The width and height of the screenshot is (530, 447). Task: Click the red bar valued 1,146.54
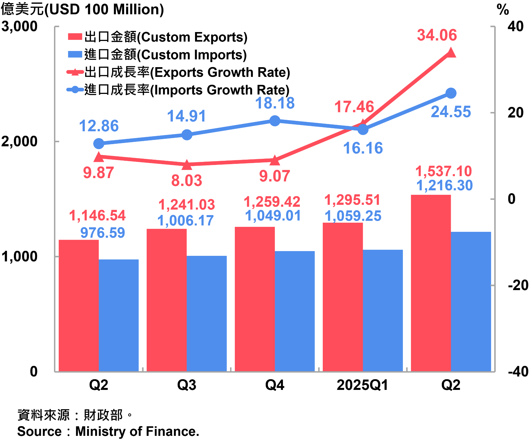coord(79,305)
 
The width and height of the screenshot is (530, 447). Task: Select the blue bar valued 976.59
coord(119,315)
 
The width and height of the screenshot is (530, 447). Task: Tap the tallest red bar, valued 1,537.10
coord(431,283)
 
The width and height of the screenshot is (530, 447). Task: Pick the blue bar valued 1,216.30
coord(471,301)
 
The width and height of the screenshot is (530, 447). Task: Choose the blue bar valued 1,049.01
coord(295,311)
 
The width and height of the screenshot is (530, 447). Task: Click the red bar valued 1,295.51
coord(343,297)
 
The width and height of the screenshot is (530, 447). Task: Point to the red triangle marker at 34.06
coord(451,53)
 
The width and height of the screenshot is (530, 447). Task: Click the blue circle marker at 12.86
coord(99,144)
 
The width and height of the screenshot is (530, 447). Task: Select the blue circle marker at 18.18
coord(275,121)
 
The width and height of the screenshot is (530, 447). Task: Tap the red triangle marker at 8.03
coord(187,165)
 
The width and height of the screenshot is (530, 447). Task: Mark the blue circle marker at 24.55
coord(451,93)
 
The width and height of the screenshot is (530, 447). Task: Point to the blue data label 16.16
coord(363,148)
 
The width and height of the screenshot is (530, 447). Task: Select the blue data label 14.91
coord(187,116)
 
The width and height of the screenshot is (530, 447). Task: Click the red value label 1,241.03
coord(187,205)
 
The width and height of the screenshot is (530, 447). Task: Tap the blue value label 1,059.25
coord(353,216)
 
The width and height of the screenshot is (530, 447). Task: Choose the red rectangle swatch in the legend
coord(75,37)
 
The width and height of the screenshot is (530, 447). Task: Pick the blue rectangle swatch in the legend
coord(75,54)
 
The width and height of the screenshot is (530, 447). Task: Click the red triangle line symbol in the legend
coord(75,72)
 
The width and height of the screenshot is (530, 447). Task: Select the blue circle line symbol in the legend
coord(75,90)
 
